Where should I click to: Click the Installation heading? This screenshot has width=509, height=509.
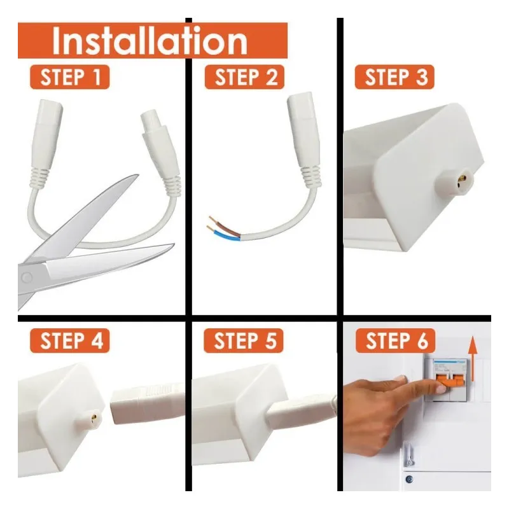(150, 41)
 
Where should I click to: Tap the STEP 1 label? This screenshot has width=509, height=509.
(69, 78)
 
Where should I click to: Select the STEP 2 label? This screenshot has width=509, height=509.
(244, 78)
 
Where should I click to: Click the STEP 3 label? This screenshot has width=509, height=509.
(396, 78)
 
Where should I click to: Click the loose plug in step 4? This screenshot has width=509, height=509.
(146, 404)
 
